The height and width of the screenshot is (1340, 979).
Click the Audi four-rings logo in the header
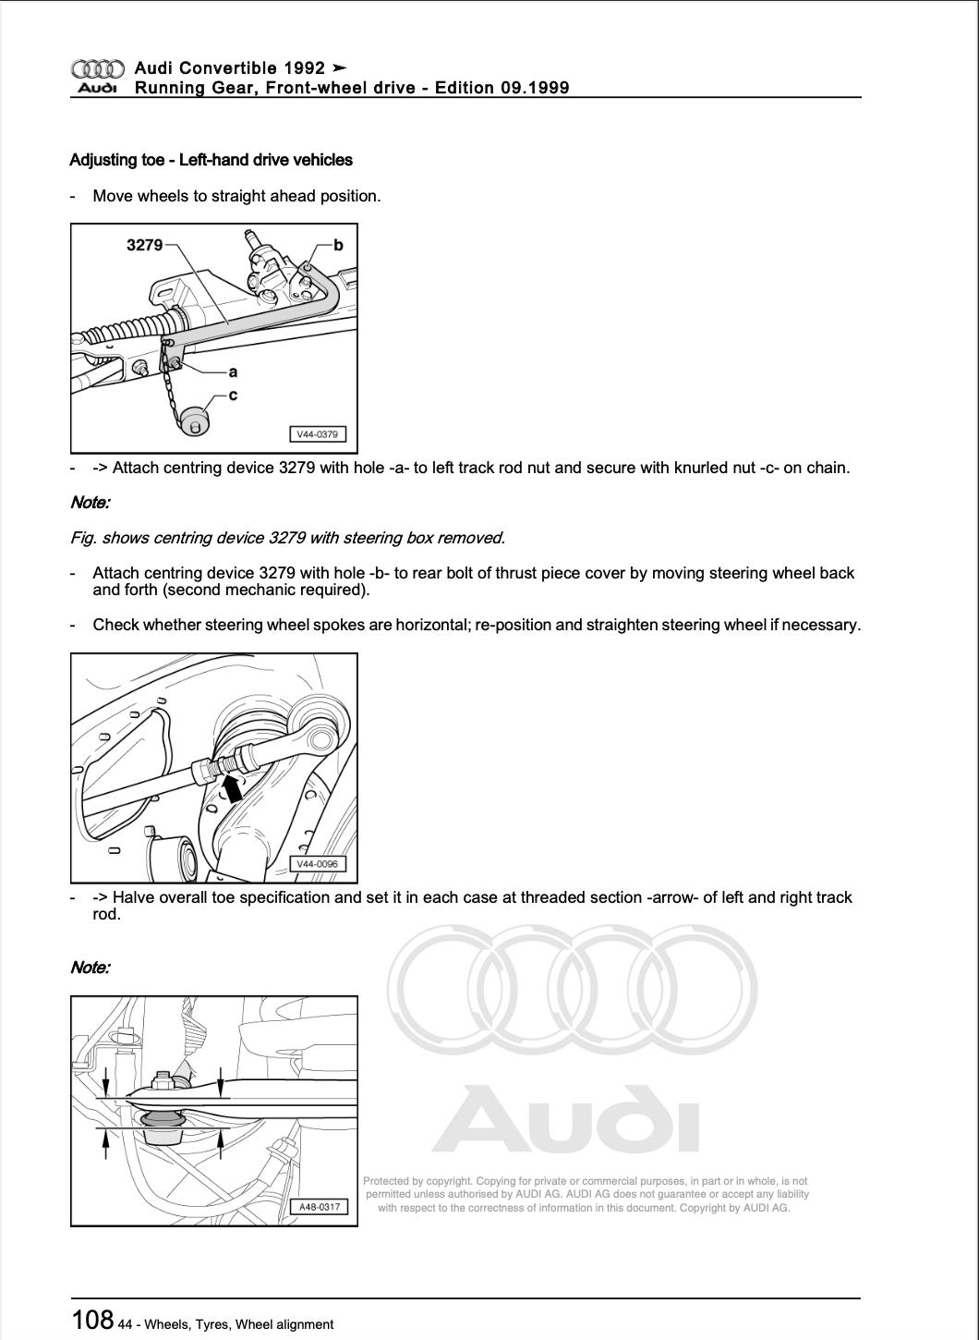click(97, 68)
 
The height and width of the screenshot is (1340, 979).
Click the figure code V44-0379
click(317, 434)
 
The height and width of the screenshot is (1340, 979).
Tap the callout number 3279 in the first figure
click(144, 245)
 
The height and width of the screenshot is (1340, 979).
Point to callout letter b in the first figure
click(338, 245)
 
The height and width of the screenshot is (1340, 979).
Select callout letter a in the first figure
click(233, 372)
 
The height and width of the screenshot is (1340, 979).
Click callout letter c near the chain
click(233, 395)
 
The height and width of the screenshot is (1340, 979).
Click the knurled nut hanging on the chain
click(195, 421)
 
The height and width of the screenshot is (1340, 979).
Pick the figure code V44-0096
click(317, 864)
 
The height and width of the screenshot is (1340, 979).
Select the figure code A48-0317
click(320, 1207)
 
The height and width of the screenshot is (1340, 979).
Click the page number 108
click(92, 1320)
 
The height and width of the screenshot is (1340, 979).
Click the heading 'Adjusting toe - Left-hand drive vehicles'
click(211, 160)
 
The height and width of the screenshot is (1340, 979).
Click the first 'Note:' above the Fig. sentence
click(90, 503)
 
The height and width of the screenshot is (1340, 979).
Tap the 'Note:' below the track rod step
click(90, 968)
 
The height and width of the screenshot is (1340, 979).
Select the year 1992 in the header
click(305, 67)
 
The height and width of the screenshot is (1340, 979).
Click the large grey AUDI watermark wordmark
click(565, 1119)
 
